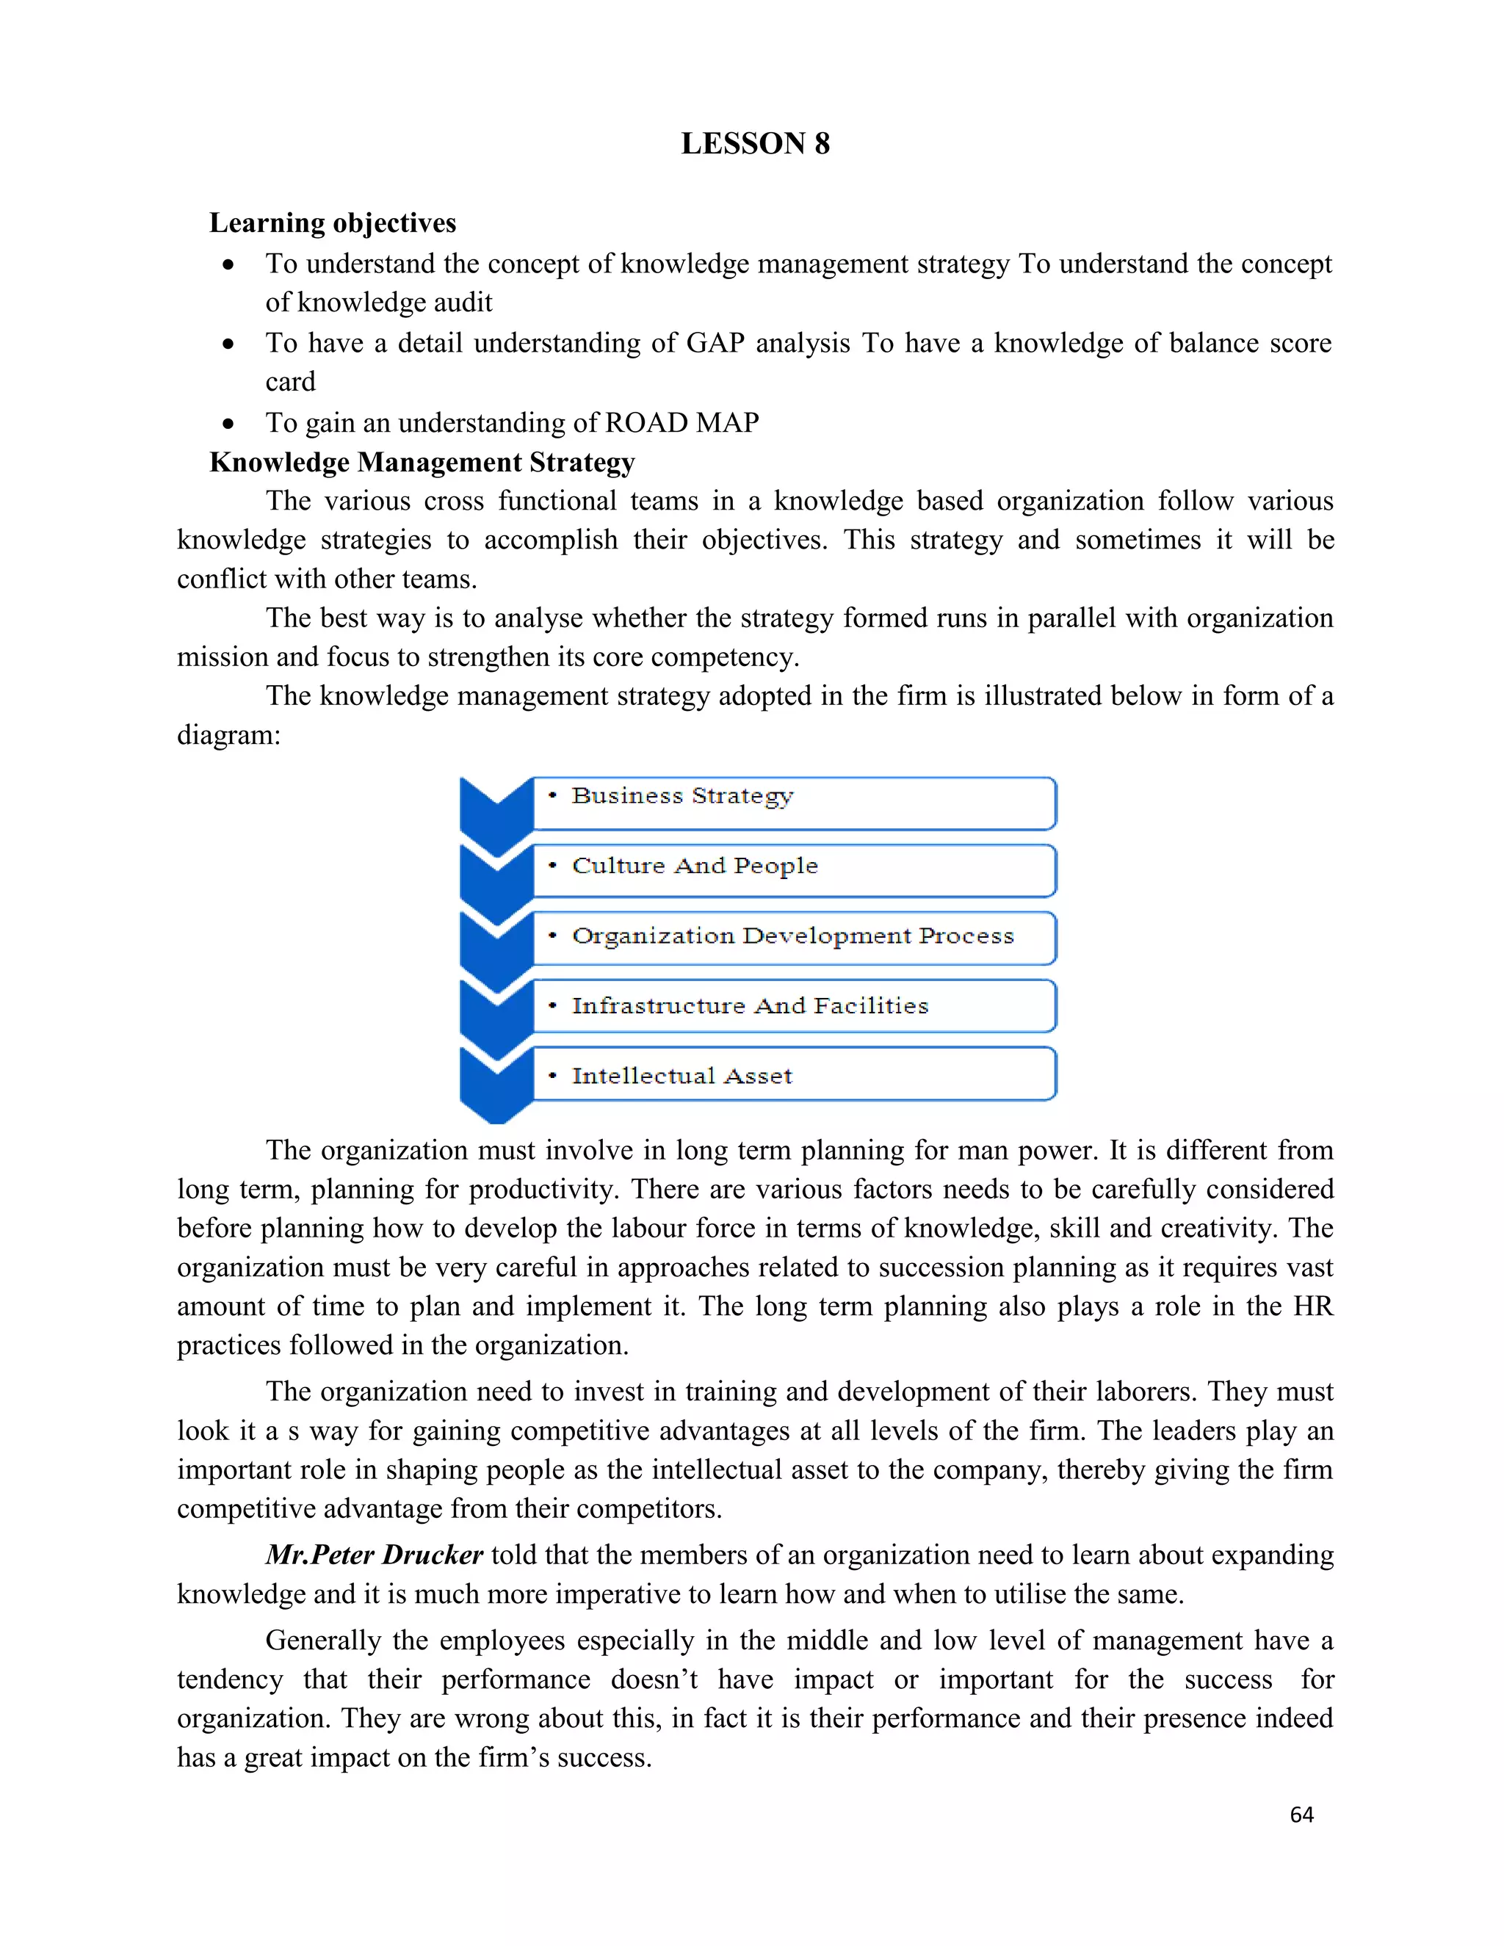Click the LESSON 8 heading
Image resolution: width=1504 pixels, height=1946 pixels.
(x=755, y=143)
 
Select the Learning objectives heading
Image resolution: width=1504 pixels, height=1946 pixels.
(x=333, y=223)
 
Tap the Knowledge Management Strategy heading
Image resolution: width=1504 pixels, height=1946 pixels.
(x=422, y=463)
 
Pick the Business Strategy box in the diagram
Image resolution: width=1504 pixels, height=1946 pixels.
(x=793, y=803)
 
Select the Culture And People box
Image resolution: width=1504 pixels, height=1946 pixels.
(x=793, y=870)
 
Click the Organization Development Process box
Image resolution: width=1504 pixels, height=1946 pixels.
(x=793, y=937)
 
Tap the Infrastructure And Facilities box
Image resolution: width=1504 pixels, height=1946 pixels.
(x=793, y=1006)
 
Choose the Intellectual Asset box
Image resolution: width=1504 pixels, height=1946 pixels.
(x=793, y=1074)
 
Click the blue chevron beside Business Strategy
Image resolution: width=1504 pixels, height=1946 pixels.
(x=496, y=811)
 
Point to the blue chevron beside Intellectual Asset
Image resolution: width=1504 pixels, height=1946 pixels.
(x=496, y=1082)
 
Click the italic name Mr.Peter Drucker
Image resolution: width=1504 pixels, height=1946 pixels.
(x=375, y=1555)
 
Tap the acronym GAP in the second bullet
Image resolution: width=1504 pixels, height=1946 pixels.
(x=715, y=343)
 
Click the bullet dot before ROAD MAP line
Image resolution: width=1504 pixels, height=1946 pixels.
(x=229, y=423)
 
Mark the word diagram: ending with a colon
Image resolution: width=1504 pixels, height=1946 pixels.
(x=228, y=735)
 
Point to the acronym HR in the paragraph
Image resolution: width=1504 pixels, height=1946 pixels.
(x=1312, y=1306)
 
